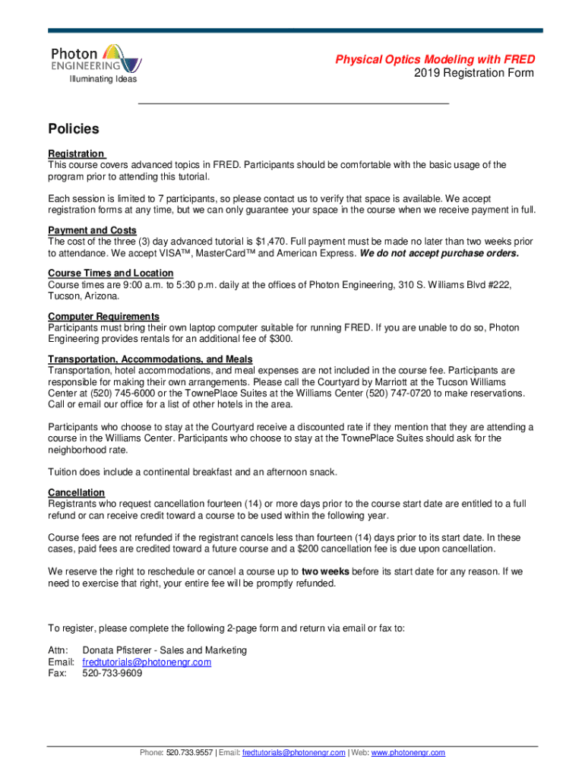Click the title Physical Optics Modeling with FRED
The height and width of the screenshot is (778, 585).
pos(435,59)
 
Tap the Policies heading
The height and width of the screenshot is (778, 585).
pos(74,129)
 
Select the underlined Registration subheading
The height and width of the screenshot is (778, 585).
pos(76,153)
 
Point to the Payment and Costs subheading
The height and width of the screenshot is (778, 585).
pos(92,230)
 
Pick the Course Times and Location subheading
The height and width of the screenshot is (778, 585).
pos(110,273)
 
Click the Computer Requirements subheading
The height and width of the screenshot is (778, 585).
pos(103,316)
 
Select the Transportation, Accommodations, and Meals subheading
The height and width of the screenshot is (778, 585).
pos(150,359)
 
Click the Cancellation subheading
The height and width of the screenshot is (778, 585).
pos(76,492)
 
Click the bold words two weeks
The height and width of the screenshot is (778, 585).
pos(325,571)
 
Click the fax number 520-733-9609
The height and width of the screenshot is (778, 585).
pos(112,673)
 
